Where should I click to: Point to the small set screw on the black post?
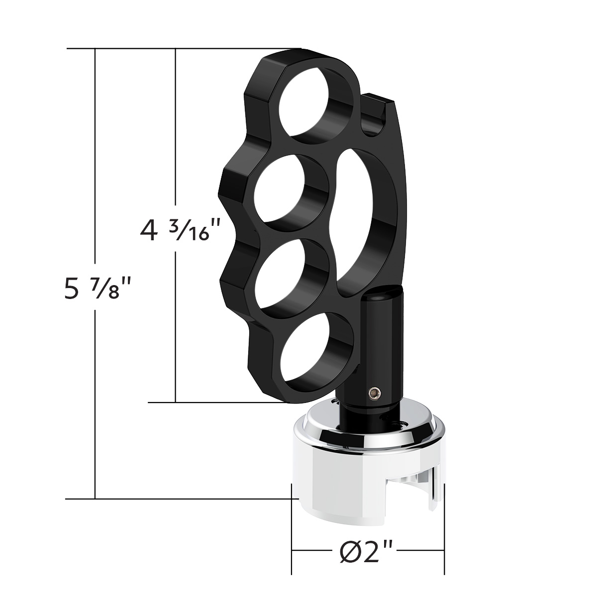tap(371, 394)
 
